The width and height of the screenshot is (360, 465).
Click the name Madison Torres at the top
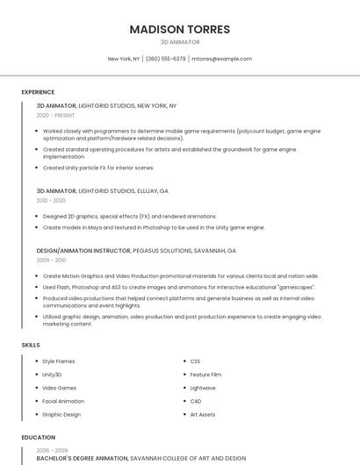point(180,29)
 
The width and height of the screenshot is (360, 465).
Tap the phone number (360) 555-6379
point(165,59)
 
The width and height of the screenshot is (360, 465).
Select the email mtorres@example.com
point(221,59)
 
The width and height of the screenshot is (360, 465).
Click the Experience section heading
point(38,91)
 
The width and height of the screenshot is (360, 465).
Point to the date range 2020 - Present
point(55,115)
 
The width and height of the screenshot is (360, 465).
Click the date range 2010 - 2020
point(51,200)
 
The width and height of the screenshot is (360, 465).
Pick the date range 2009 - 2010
point(51,260)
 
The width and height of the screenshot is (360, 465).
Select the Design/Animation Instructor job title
point(83,250)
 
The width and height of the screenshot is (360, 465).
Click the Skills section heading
point(31,345)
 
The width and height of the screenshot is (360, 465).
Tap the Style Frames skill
point(59,361)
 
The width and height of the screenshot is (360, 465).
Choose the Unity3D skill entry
point(52,375)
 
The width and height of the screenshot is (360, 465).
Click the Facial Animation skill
point(63,401)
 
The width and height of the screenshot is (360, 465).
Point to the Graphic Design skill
point(61,414)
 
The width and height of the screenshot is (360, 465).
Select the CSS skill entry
point(195,361)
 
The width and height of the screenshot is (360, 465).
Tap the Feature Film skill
point(205,375)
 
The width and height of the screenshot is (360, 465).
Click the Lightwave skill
point(203,388)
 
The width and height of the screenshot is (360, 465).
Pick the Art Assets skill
point(203,414)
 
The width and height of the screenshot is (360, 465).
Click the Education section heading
point(38,437)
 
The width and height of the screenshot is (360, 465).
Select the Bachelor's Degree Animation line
point(83,458)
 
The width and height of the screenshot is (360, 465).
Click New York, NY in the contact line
point(124,59)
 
